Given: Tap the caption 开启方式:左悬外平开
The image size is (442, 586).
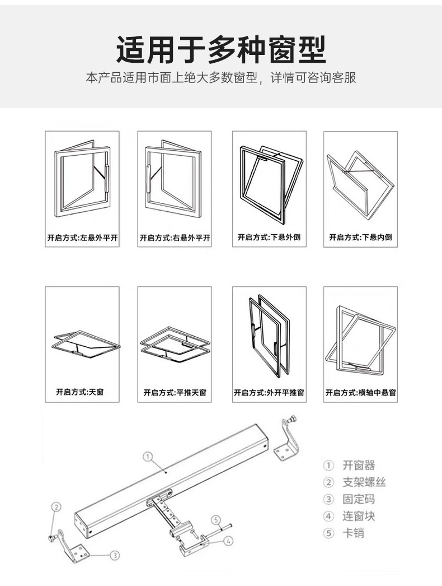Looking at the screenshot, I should (82, 238).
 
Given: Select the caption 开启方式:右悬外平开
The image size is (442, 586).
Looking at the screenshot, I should (175, 238).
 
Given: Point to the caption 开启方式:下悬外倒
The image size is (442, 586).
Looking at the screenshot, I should (269, 238).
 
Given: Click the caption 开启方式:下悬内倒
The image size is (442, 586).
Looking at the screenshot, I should (361, 238).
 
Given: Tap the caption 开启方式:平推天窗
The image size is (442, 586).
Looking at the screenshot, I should (175, 393).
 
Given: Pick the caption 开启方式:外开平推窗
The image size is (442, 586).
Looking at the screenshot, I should (269, 393).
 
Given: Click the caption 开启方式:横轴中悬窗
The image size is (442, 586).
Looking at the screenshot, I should (361, 393).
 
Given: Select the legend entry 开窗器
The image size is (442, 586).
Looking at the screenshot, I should (359, 465).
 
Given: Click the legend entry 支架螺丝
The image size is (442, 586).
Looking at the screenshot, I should (364, 482).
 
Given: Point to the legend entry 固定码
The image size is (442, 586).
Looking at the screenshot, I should (359, 499).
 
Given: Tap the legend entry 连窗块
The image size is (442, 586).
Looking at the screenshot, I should (359, 516).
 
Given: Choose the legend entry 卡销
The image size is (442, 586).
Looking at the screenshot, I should (353, 533).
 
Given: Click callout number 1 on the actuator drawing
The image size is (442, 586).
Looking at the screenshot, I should (148, 457).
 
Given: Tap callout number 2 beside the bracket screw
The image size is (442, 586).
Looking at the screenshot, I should (56, 506).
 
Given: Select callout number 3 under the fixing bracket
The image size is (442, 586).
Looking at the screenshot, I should (114, 555).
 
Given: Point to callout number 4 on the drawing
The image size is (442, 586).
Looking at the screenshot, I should (229, 541).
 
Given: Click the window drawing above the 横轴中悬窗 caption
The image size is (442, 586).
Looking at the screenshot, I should (361, 340).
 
